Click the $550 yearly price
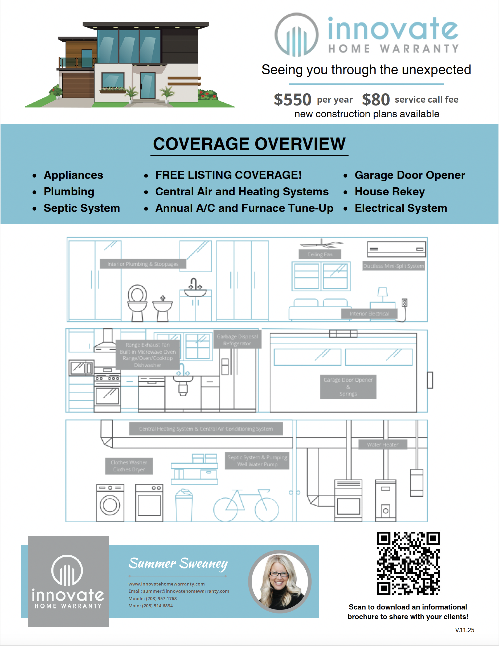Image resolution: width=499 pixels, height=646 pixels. coord(292,99)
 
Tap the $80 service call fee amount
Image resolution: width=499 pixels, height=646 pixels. coord(376,99)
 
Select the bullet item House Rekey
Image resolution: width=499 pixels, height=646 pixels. coord(390,192)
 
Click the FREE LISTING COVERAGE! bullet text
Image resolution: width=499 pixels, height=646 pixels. coord(228,175)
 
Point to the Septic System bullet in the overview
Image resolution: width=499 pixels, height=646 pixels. coord(81,208)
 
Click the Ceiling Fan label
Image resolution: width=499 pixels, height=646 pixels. coord(320,255)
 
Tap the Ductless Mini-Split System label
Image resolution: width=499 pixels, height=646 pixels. coord(394,266)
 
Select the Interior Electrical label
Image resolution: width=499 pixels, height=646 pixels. coord(369,313)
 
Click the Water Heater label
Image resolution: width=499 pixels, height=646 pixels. coord(383,445)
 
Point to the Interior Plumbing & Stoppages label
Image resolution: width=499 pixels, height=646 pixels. coord(143,264)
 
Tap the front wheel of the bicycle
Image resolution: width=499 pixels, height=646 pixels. coord(267,510)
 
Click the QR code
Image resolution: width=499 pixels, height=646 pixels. coord(408,563)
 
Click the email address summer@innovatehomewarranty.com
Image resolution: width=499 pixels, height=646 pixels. coord(186,591)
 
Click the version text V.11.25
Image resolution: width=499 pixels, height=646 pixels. coord(464,630)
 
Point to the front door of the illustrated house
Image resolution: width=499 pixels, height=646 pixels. coord(148,86)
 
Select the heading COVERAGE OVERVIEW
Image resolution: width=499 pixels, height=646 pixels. coord(249,144)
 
